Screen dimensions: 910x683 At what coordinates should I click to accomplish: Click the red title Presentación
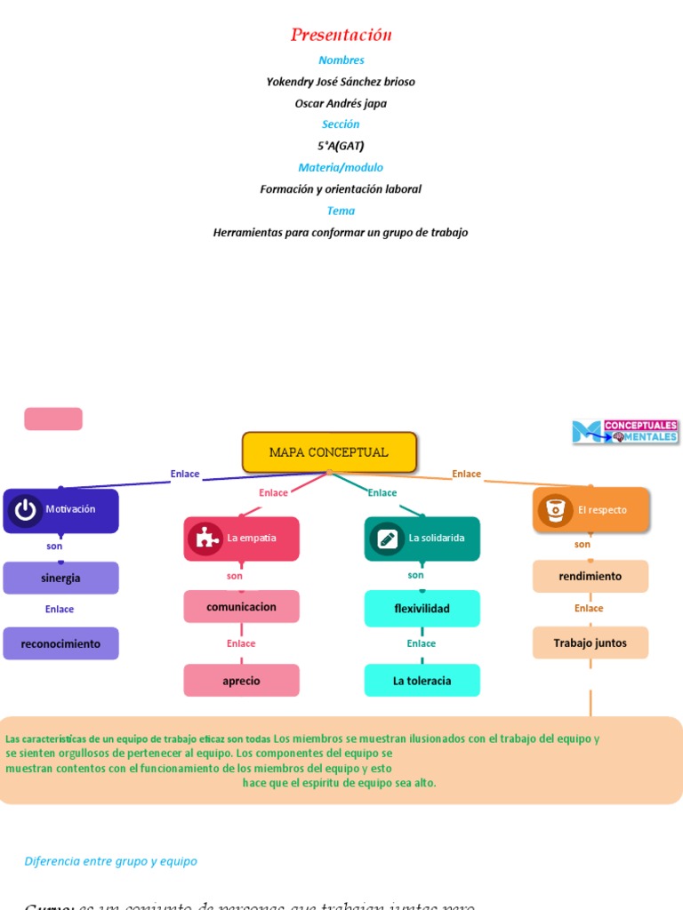click(341, 36)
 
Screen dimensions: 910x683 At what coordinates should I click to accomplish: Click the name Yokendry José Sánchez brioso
click(341, 82)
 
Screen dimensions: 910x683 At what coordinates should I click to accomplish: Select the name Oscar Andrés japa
click(341, 103)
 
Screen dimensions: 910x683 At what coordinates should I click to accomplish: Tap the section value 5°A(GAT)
click(341, 146)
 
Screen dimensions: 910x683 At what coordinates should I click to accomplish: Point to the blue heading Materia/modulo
click(341, 167)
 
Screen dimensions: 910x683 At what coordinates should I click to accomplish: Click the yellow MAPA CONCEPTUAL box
click(329, 452)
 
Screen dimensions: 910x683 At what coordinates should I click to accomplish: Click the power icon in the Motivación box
click(25, 510)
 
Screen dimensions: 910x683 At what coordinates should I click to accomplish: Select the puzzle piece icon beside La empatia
click(205, 539)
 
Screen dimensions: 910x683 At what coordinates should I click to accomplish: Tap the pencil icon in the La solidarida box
click(387, 539)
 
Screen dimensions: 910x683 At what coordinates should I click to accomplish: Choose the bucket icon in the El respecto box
click(555, 510)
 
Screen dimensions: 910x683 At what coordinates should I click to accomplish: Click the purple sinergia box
click(60, 579)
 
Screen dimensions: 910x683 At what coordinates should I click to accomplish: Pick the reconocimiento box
click(60, 643)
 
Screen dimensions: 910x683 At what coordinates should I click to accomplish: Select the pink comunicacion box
click(241, 607)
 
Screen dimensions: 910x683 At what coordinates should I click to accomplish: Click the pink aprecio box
click(241, 681)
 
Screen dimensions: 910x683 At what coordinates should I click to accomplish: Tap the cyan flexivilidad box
click(422, 609)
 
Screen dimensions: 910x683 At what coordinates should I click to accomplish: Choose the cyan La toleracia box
click(422, 681)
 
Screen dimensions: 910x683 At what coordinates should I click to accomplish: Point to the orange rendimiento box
click(590, 577)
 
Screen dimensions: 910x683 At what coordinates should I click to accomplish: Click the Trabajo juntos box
click(590, 643)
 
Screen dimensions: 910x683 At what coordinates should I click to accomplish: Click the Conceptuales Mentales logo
click(625, 432)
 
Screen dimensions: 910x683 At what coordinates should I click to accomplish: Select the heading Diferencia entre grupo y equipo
click(111, 861)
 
